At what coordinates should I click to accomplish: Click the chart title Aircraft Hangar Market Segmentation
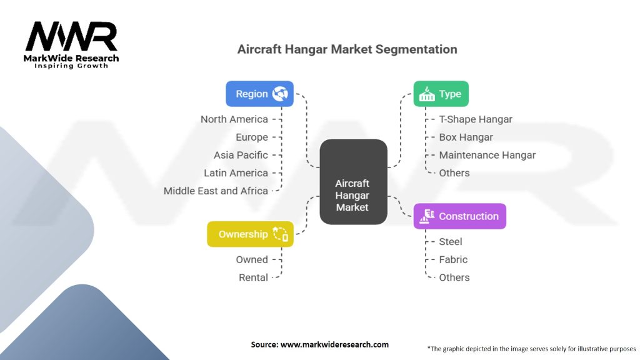pos(347,49)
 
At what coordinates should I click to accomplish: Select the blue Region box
pos(259,94)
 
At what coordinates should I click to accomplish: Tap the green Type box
pos(441,94)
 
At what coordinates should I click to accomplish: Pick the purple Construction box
pos(459,216)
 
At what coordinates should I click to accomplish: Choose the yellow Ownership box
pos(250,234)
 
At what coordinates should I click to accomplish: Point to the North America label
pos(234,119)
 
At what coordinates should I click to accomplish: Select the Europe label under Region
pos(252,137)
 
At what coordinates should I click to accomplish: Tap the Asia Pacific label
pos(241,155)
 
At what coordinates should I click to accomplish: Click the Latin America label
pos(236,173)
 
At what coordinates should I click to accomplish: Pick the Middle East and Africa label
pos(216,191)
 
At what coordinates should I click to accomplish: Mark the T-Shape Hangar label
pos(476,119)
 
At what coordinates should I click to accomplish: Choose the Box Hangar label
pos(466,137)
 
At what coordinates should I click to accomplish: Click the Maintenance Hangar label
pos(487,155)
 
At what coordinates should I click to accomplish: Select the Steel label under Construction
pos(451,241)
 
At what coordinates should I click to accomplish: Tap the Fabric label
pos(453,259)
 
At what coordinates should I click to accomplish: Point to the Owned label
pos(252,259)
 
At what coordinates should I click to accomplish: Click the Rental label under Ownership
pos(253,277)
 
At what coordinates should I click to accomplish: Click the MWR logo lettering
pos(71,37)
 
